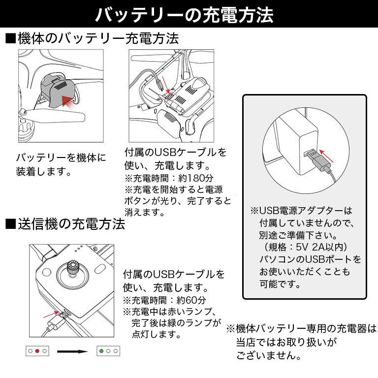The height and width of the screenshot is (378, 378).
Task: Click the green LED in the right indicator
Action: [101, 351]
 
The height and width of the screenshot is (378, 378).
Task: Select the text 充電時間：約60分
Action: [167, 300]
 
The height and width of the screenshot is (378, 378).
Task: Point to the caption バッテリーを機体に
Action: [61, 157]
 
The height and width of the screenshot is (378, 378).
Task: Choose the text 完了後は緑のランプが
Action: [176, 323]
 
